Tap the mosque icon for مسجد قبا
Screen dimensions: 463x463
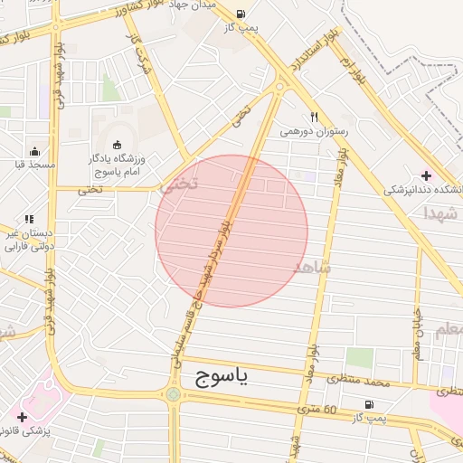34,151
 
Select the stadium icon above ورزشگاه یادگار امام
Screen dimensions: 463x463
117,145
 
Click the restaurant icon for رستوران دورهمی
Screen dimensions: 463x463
314,117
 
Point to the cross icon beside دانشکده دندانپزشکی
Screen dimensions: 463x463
427,175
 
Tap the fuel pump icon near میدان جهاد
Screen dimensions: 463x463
240,14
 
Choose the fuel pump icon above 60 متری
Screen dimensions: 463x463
368,404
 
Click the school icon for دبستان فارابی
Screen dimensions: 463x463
29,219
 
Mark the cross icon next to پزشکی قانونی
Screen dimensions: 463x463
22,417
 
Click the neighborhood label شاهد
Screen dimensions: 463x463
313,269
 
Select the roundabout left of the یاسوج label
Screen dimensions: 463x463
173,394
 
